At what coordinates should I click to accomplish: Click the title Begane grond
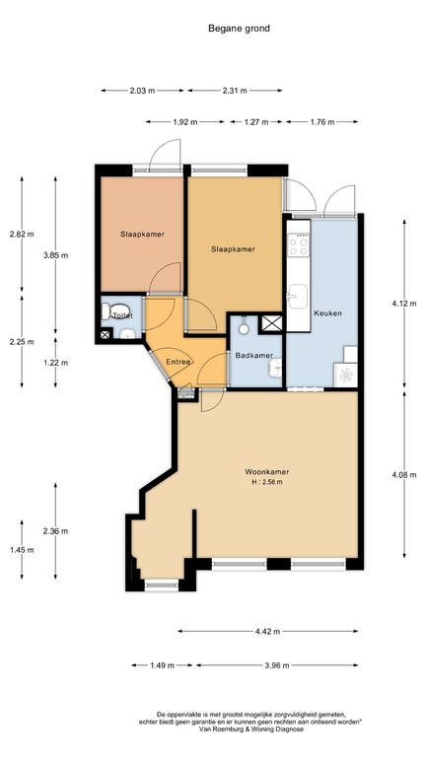(239, 29)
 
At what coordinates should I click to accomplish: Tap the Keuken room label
(328, 312)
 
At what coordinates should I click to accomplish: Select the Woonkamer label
(267, 472)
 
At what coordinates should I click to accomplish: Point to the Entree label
(178, 362)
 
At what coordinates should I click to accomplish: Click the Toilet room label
(122, 315)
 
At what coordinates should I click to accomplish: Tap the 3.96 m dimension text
(277, 665)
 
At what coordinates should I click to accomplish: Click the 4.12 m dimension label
(404, 304)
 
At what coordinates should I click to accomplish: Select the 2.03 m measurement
(142, 91)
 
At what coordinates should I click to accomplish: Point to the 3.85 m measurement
(55, 256)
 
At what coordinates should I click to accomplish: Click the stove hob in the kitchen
(298, 243)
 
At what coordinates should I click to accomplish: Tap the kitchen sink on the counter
(298, 296)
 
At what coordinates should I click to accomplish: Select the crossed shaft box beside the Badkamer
(270, 323)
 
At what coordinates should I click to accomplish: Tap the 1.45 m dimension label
(22, 550)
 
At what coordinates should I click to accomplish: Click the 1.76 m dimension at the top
(322, 122)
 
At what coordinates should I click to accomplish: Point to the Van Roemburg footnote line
(251, 729)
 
